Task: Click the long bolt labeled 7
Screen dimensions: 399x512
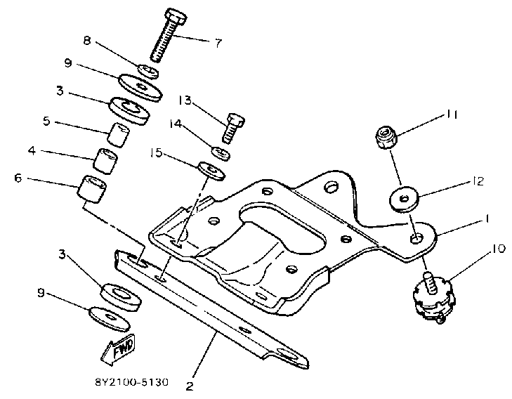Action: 168,39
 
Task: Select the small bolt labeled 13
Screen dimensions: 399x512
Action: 233,129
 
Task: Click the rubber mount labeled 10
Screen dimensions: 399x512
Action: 431,295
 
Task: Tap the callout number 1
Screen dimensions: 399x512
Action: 485,219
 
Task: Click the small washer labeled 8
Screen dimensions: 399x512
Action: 147,71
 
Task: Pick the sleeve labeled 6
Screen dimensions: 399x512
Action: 94,189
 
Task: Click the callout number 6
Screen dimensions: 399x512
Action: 18,178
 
